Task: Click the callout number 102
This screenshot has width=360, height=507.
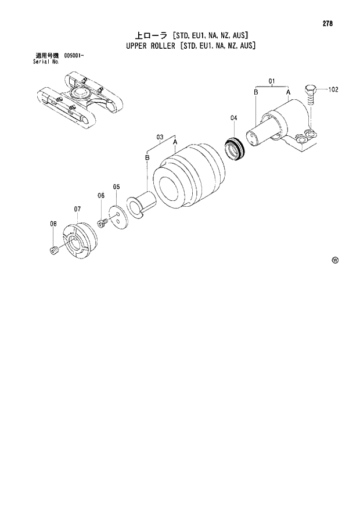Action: [x=333, y=90]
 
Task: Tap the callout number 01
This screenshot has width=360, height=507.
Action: [x=271, y=80]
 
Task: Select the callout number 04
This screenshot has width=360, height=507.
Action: [x=233, y=118]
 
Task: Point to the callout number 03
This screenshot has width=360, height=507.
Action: [x=160, y=137]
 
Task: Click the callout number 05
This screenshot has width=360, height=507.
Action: [x=116, y=187]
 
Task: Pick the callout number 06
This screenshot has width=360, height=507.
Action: [x=100, y=196]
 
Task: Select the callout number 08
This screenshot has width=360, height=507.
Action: [x=53, y=224]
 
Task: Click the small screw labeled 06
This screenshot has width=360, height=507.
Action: [x=102, y=224]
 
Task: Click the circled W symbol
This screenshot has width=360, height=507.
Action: [x=334, y=260]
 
